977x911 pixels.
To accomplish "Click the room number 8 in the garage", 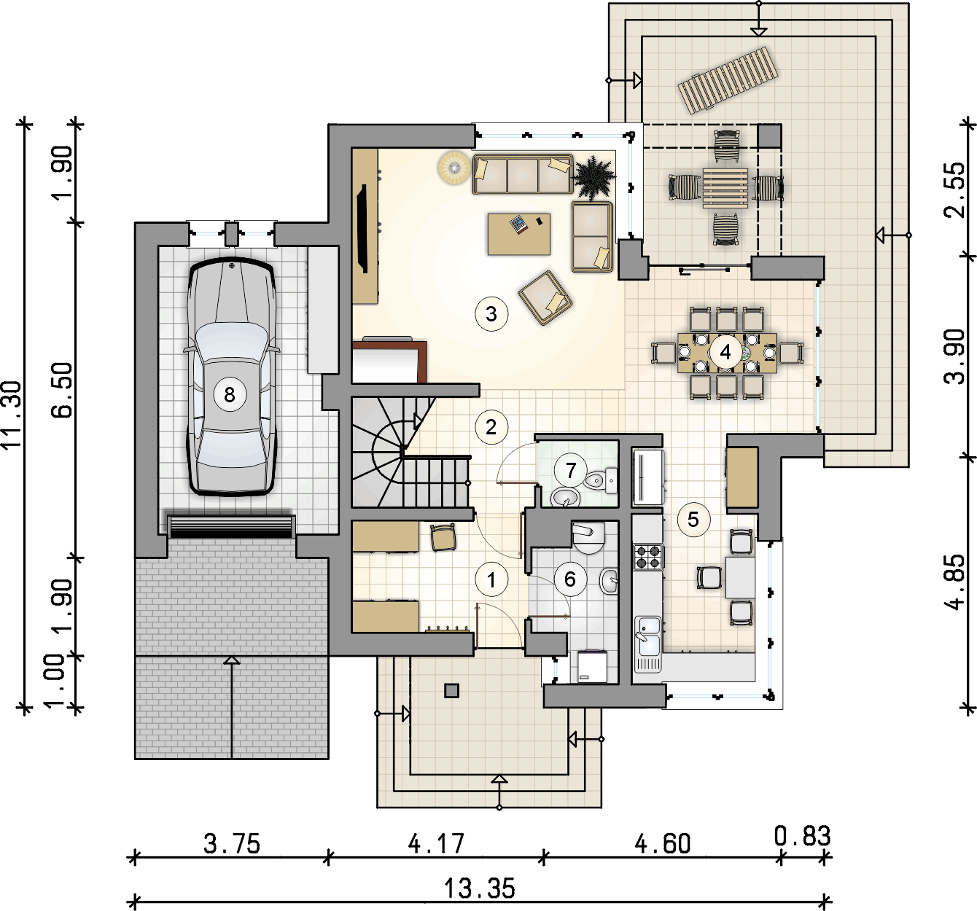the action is (229, 394).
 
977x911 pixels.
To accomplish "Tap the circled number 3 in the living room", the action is (491, 314).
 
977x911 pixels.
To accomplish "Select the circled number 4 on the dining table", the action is (725, 352).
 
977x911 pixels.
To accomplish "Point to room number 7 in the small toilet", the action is (571, 470).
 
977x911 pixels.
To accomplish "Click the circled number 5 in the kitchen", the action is (693, 520).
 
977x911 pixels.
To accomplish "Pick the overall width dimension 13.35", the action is (480, 888).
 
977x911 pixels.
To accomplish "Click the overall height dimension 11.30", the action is (12, 415).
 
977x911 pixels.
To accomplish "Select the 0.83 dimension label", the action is (802, 836).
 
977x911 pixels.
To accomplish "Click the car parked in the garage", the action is (231, 378).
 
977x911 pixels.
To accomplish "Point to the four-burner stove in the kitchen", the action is (648, 556).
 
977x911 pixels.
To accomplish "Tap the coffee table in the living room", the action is (519, 234).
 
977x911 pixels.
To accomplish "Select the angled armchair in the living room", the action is (545, 297).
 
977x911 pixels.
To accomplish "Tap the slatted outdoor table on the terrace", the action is (725, 189).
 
